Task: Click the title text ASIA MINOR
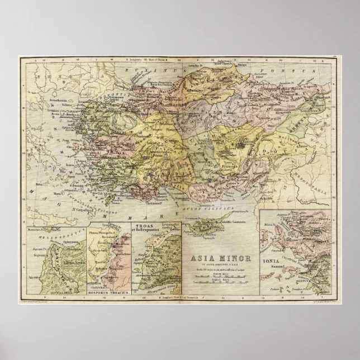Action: [x=221, y=258]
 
